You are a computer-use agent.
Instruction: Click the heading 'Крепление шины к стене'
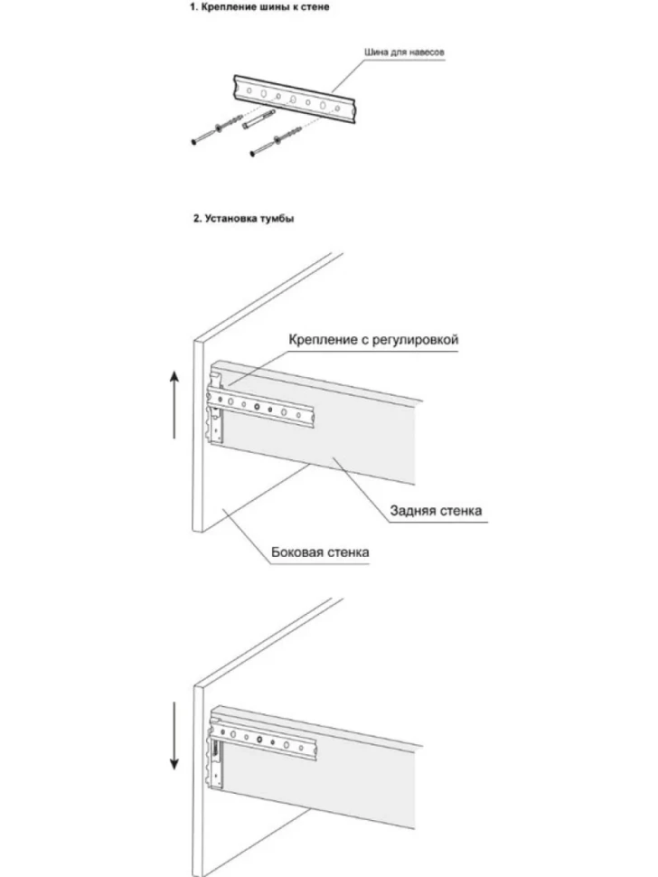click(258, 7)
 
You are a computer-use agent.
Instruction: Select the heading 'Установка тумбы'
click(243, 219)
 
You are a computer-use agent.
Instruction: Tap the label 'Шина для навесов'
click(404, 52)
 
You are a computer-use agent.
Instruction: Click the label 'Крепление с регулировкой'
click(373, 340)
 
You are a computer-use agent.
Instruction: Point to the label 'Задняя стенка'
click(436, 511)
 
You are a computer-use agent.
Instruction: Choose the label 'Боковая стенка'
click(320, 552)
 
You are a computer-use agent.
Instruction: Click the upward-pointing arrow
click(174, 405)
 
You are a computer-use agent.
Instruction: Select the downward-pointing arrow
click(174, 735)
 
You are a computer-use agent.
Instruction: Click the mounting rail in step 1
click(296, 99)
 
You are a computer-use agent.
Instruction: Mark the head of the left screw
click(194, 142)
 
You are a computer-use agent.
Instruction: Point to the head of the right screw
click(253, 152)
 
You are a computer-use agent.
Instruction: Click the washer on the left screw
click(219, 128)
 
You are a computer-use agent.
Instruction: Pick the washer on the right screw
click(277, 138)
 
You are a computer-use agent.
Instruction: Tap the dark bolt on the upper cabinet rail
click(257, 407)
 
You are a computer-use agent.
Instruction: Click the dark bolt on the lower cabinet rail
click(260, 740)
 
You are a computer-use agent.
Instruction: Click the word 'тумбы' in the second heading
click(277, 219)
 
